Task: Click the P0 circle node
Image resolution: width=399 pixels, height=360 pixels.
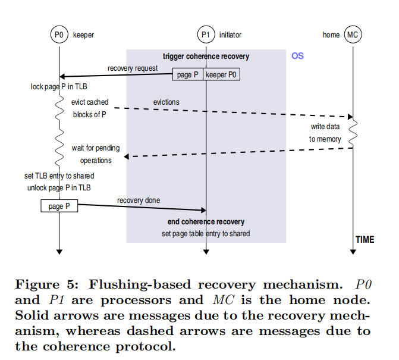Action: point(59,35)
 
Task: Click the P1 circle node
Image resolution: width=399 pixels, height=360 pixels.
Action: point(206,35)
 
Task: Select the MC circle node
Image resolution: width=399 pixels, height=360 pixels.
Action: point(353,35)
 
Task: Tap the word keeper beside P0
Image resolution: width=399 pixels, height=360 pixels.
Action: point(83,35)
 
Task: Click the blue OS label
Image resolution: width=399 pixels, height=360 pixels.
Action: point(297,56)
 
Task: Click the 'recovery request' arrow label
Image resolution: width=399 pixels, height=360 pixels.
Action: point(133,68)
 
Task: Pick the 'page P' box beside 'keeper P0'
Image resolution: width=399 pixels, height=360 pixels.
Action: point(188,75)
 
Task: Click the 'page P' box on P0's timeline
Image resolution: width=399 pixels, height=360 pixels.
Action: point(59,206)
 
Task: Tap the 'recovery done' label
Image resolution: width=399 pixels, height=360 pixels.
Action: point(138,201)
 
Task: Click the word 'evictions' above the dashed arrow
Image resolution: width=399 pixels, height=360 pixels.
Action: point(166,102)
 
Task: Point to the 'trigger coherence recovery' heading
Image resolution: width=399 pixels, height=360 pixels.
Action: point(206,57)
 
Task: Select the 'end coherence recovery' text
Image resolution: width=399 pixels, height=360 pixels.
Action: point(206,222)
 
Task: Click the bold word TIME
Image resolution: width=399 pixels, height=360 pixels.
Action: point(365,239)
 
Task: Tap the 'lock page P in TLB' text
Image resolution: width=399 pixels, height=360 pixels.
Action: point(59,87)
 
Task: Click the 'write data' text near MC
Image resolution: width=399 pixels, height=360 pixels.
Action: point(325,127)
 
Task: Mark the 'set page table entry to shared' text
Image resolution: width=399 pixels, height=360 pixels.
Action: point(206,234)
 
